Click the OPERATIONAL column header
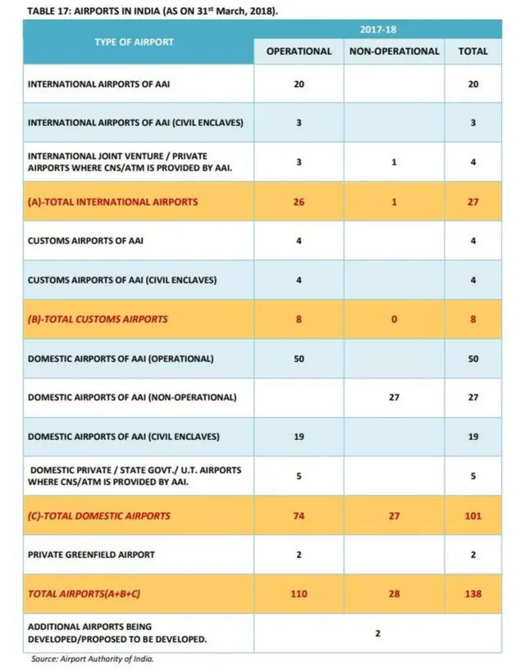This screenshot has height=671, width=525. pos(299,51)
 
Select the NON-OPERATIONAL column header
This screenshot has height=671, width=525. pos(394,51)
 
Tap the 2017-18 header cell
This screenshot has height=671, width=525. pos(378,29)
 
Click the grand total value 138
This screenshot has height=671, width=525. pos(472,593)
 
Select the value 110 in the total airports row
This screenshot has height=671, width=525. pos(299,593)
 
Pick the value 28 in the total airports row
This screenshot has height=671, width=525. pos(394,593)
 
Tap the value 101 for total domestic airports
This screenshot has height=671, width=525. pos(472,515)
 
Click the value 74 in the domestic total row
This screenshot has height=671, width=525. pos(299,515)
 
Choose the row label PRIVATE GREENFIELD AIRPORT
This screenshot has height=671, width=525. pos(91,555)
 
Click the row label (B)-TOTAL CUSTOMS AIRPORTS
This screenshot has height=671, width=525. pos(98,319)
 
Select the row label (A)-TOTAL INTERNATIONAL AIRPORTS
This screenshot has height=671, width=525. pos(112,201)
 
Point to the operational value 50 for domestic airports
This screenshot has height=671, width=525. pos(299,358)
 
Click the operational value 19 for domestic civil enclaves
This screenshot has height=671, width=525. pos(299,437)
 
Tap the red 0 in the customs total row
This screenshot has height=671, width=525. pos(394,319)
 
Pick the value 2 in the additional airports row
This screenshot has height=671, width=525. pos(377,632)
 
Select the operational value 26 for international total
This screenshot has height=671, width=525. pos(299,201)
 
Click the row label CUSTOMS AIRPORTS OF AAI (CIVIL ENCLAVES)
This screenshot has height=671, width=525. pos(122,279)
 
